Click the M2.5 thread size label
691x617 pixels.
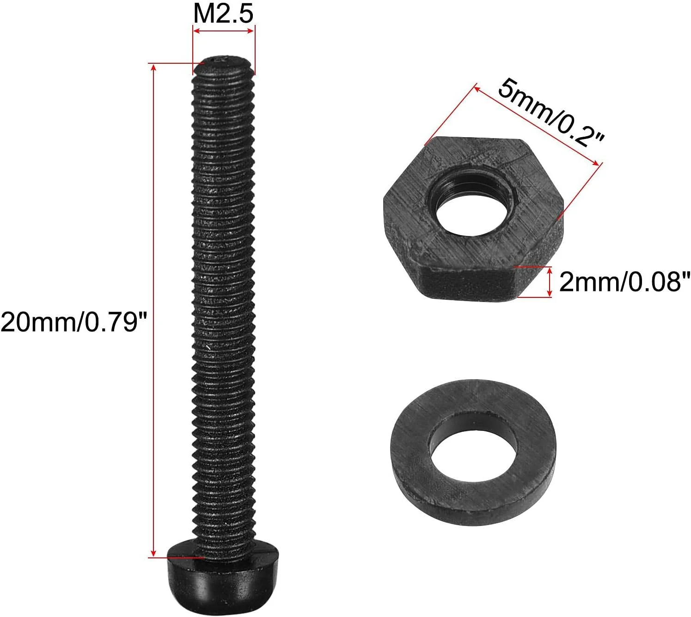click(223, 13)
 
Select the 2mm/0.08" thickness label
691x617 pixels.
click(624, 282)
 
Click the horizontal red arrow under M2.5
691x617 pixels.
click(224, 31)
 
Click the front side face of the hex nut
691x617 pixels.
click(467, 282)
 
